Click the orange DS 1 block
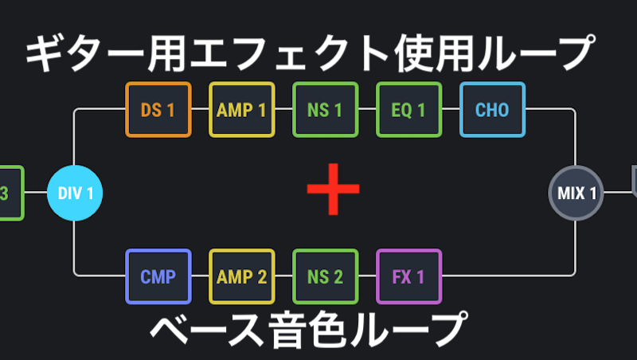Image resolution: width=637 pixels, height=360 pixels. (x=158, y=110)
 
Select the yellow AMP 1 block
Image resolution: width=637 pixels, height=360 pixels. (x=241, y=110)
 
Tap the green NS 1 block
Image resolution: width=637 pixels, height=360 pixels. (x=325, y=110)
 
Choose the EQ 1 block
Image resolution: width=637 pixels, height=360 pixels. (x=408, y=110)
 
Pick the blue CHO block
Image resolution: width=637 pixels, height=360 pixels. (x=492, y=110)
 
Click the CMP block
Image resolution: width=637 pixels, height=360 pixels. (x=158, y=276)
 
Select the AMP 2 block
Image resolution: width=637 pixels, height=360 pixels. (x=241, y=276)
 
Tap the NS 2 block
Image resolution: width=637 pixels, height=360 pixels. (x=325, y=276)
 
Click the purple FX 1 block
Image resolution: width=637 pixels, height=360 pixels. (x=408, y=276)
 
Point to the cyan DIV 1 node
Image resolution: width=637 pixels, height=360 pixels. (x=75, y=193)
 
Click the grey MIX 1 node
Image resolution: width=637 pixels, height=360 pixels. (x=576, y=193)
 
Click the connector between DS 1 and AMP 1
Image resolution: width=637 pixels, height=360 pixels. (x=200, y=110)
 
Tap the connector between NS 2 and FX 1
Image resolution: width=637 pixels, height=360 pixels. (x=366, y=276)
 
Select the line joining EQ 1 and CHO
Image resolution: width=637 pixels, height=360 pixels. (x=450, y=110)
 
